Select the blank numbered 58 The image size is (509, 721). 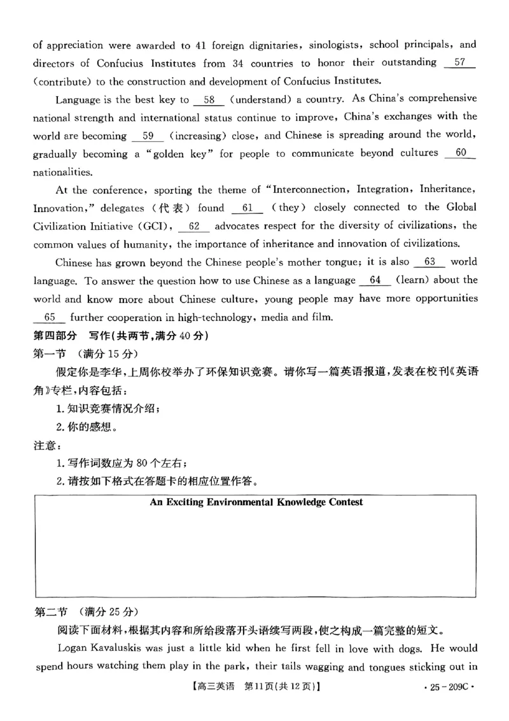[x=209, y=99]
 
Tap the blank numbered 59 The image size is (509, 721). [x=149, y=135]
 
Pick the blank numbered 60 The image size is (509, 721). [x=462, y=153]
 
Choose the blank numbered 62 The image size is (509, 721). [x=195, y=226]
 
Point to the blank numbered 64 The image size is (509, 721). [x=374, y=281]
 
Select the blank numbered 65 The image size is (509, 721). [x=51, y=317]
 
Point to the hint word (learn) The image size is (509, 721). [x=415, y=281]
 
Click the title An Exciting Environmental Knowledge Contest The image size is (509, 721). [x=256, y=502]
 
